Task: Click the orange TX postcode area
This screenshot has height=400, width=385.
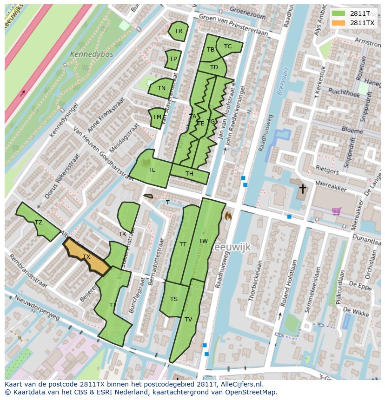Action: coord(86,256)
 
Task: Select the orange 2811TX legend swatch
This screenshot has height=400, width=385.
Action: coord(339,23)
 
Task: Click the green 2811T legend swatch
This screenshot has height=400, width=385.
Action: coord(339,13)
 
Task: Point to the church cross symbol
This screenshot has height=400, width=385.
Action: coord(303,189)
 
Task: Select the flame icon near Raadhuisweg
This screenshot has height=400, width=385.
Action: coord(228,216)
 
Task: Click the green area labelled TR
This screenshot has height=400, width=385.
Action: coord(178,31)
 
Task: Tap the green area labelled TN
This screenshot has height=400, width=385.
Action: coord(161,88)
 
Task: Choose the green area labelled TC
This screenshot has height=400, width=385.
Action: coord(228,46)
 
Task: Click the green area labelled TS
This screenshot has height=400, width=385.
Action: coord(173,299)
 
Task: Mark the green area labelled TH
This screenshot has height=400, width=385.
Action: coord(189,174)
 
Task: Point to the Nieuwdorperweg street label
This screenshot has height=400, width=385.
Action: coord(37,308)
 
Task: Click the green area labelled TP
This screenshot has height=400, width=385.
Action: coord(173,59)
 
